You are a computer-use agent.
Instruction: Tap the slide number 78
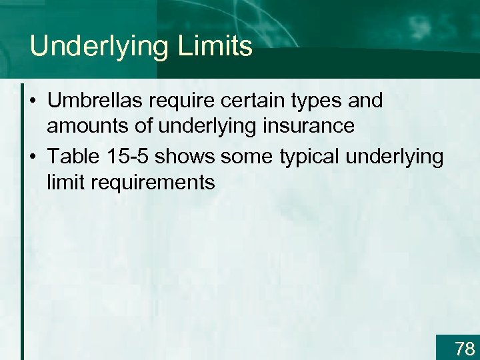pos(464,348)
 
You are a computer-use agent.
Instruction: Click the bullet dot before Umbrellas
pos(33,102)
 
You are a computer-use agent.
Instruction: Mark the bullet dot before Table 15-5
pos(33,157)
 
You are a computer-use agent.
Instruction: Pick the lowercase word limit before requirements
pos(64,182)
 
